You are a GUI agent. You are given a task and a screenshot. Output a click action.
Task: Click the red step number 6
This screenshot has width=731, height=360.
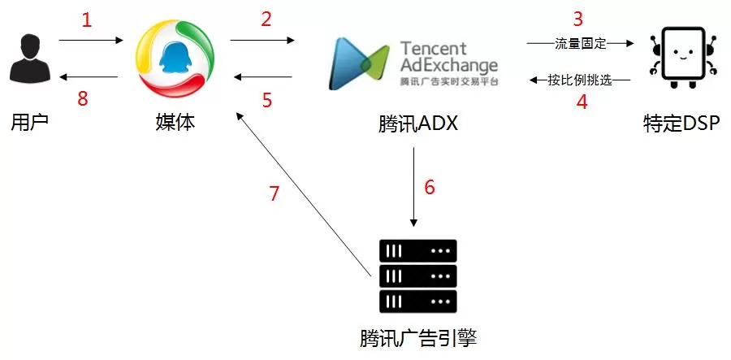430,187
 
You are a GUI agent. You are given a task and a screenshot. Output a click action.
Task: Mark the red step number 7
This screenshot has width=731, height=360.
275,193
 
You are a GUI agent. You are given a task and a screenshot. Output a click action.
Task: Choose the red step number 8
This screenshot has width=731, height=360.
81,98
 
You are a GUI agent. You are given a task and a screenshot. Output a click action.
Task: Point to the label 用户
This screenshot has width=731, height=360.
30,124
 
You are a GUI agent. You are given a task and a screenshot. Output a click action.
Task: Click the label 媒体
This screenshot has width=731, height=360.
175,124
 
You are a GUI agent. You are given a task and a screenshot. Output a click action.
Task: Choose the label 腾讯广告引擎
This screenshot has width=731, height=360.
417,336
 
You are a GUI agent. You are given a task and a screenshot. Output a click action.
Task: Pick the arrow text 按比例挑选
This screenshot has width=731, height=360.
578,80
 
